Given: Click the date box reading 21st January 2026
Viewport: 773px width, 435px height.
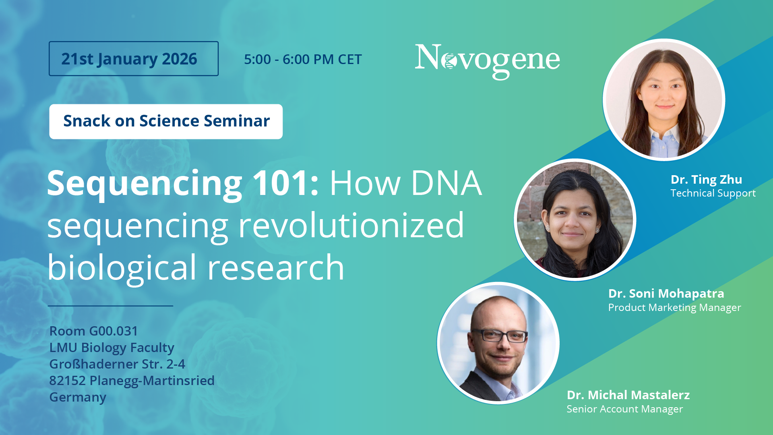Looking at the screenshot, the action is (x=134, y=58).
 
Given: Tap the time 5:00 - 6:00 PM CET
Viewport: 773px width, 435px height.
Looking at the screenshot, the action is (x=303, y=59).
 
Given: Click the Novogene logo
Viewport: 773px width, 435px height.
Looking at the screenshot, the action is (x=487, y=61).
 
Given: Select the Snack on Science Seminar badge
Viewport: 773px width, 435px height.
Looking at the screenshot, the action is (x=166, y=121).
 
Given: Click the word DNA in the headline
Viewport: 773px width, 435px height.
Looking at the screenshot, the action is (x=446, y=183).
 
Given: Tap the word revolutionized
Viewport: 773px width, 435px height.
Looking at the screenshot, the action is (x=351, y=225).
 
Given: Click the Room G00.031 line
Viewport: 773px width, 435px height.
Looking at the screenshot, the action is (x=93, y=331).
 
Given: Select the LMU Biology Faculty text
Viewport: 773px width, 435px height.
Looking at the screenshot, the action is (x=112, y=348).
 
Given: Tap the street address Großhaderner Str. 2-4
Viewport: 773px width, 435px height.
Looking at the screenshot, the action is (x=117, y=364).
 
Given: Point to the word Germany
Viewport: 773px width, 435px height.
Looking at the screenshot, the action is (x=78, y=398).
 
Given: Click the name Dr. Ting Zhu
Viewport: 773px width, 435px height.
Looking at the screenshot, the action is (x=706, y=180).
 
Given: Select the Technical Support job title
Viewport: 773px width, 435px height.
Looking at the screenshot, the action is (x=713, y=193).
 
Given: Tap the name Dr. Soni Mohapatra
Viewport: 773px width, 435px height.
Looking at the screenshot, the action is (x=666, y=294).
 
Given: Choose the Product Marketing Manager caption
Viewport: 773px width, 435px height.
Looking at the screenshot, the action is (x=674, y=308).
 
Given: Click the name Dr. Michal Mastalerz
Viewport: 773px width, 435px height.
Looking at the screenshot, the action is (x=628, y=395).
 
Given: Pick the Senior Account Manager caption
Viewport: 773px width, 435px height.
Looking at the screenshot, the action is (x=624, y=409).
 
